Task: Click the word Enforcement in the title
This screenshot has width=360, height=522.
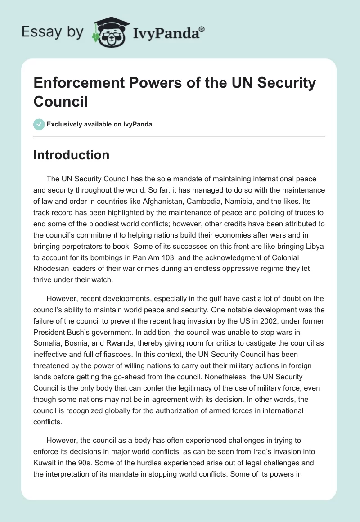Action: pos(79,84)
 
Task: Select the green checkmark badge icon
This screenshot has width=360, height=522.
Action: pos(39,124)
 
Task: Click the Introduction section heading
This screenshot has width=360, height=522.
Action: pos(72,155)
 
